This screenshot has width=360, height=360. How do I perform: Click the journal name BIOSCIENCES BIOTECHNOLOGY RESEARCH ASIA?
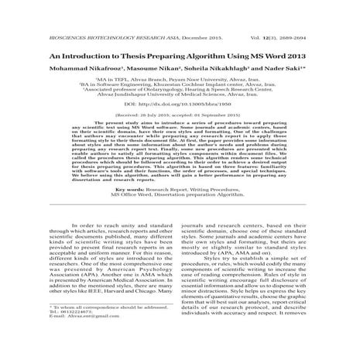coord(77,15)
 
